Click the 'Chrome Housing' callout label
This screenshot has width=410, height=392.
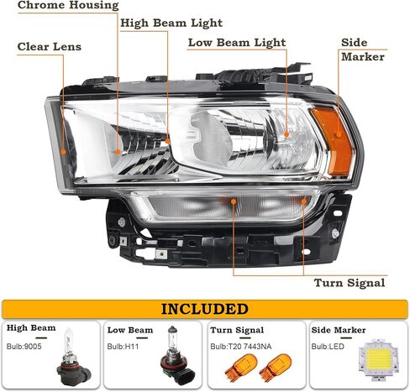[x=68, y=6]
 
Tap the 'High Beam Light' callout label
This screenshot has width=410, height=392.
[x=171, y=24]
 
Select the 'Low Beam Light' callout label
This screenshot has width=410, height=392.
[x=237, y=43]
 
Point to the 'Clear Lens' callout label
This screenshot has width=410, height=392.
[x=50, y=47]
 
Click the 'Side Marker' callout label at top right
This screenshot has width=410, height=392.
[x=363, y=50]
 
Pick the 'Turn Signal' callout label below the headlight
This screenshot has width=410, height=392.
[x=350, y=283]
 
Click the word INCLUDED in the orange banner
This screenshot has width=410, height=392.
[x=205, y=309]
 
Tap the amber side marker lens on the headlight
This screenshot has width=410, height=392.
[x=333, y=141]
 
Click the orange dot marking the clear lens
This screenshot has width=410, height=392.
[x=64, y=152]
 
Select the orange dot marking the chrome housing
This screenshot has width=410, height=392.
[x=118, y=152]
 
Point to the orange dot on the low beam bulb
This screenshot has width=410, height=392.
[x=286, y=135]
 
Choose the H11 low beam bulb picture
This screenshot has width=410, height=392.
[x=176, y=356]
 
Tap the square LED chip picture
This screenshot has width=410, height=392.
[x=378, y=359]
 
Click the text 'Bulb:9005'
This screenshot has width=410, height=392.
[x=24, y=347]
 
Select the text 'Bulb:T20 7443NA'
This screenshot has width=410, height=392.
[x=241, y=347]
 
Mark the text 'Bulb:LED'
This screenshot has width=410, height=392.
[x=328, y=347]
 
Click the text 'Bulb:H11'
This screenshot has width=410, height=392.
[x=123, y=347]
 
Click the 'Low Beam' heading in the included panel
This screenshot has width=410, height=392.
[x=130, y=330]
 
